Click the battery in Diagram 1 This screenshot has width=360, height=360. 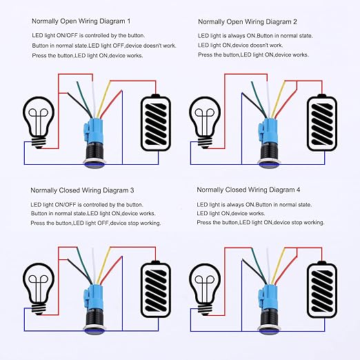pyautogui.click(x=157, y=122)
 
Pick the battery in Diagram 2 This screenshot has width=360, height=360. pyautogui.click(x=323, y=122)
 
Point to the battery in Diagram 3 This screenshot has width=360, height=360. pyautogui.click(x=157, y=288)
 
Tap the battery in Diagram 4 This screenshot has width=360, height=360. pyautogui.click(x=323, y=288)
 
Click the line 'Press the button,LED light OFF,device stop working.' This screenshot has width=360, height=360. pyautogui.click(x=96, y=223)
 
